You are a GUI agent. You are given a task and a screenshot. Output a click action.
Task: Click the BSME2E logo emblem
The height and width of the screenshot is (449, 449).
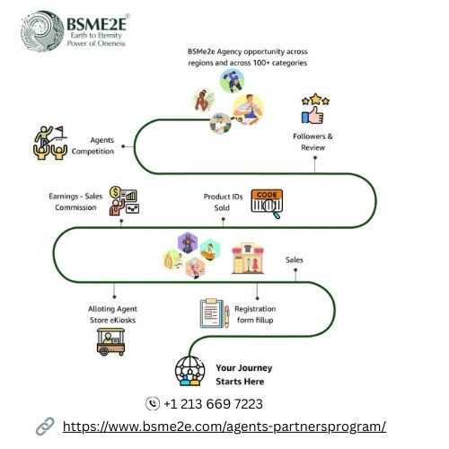[42, 31]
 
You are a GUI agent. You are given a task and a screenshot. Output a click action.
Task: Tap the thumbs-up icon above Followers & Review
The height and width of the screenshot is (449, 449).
[313, 115]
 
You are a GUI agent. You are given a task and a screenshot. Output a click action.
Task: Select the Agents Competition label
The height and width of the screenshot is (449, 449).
[92, 145]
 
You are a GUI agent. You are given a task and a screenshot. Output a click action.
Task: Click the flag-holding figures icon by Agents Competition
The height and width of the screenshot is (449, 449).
[50, 143]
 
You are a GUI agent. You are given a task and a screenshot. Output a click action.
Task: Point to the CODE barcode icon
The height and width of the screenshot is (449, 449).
[267, 204]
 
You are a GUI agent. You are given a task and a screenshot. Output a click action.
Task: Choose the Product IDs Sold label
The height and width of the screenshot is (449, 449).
[223, 202]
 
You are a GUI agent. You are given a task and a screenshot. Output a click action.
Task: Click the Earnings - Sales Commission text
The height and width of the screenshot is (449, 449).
[75, 201]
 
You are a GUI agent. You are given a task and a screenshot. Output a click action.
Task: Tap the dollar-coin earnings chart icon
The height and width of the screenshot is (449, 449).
[124, 200]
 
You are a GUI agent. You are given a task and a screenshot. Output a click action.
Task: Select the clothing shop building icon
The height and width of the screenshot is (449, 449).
[248, 259]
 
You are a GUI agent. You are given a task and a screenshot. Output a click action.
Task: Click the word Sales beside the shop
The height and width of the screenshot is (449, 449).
[295, 260]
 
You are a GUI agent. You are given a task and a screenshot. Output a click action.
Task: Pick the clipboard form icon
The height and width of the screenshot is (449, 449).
[215, 313]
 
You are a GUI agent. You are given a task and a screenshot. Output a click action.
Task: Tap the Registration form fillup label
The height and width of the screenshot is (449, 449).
[255, 314]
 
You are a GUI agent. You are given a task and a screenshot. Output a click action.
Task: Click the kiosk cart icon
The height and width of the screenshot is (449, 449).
[110, 341]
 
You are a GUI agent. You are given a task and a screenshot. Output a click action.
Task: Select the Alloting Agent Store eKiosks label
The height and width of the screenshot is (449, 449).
[112, 314]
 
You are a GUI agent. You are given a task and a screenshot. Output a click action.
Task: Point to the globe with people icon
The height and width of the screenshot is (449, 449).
[189, 371]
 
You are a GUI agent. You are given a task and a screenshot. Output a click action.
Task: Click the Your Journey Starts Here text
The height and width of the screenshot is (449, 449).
[244, 374]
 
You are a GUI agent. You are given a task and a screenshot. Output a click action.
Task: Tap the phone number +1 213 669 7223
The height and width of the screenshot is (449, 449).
[213, 404]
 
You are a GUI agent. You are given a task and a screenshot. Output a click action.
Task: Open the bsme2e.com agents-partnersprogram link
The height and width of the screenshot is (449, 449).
[224, 427]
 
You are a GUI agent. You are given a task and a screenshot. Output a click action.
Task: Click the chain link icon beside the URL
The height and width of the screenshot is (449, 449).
[45, 427]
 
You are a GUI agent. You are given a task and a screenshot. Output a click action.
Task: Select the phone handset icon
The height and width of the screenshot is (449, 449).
[153, 403]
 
